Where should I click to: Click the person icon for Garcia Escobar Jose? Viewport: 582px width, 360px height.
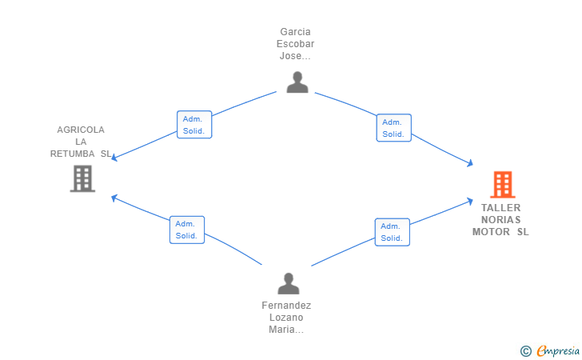297,82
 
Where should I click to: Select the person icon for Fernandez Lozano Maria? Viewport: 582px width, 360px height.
289,283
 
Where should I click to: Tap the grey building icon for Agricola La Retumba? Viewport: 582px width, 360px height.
82,178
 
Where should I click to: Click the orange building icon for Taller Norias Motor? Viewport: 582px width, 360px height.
503,184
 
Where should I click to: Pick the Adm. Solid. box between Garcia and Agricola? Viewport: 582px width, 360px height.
194,125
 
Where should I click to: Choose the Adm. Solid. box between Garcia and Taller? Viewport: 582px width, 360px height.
394,128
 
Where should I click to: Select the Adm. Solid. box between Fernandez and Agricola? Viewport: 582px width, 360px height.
187,230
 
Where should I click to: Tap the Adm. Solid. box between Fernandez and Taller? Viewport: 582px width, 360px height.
393,232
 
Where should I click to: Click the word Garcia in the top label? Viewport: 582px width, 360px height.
295,32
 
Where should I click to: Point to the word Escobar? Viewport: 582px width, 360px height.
295,44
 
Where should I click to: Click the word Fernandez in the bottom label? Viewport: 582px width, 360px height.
286,306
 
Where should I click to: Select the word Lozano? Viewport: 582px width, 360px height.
286,318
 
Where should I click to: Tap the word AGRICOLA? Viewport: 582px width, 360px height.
81,130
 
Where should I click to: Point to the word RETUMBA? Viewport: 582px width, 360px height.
73,154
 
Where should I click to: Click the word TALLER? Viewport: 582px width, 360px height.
500,208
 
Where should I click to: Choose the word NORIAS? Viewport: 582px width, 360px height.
500,219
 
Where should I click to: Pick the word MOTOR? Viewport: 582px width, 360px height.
491,232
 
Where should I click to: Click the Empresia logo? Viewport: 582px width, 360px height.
558,350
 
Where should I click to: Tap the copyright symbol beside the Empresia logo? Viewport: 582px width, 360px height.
525,351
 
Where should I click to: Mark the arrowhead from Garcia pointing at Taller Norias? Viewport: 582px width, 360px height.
470,162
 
